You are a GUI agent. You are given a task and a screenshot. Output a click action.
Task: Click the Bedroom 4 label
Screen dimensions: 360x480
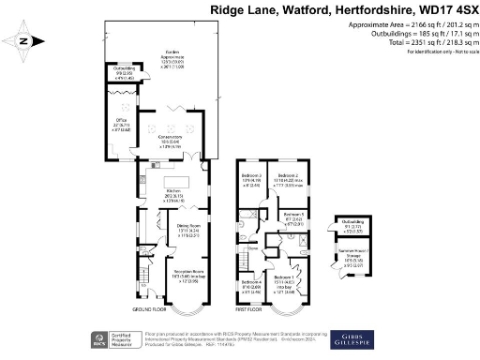[x=249, y=282]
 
